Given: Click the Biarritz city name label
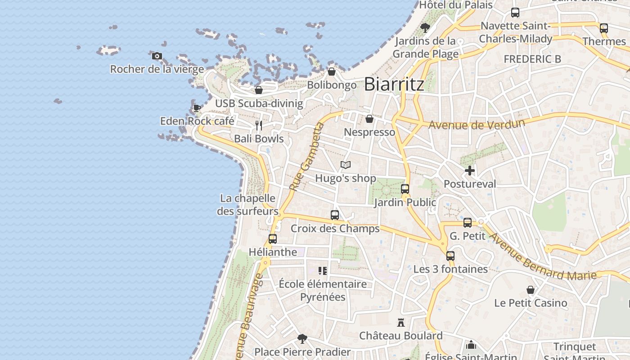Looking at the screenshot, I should pos(394,84).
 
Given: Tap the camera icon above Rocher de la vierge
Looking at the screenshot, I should pos(157,56).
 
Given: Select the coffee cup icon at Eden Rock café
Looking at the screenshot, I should pos(197,108).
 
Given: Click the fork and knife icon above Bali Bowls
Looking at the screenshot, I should pos(258,125).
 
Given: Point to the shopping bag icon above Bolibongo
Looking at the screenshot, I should pos(332,72).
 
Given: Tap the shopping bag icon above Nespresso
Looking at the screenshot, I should pos(369,119).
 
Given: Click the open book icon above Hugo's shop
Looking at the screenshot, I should pos(345,165).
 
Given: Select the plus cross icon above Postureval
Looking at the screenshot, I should pos(470,171).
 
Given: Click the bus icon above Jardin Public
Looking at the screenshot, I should pos(405,189).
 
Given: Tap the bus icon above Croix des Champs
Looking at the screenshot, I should pos(335,215).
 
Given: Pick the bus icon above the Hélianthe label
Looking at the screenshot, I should pos(273,239).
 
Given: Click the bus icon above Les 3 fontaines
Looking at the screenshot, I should pos(450,256).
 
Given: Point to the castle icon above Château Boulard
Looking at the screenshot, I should pos(401,322).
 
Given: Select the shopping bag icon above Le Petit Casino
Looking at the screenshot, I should pos(531,290).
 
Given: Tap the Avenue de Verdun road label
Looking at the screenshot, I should pos(477,124).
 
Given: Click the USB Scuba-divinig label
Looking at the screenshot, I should pos(259,103).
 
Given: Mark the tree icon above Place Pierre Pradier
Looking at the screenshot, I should pos(302,338).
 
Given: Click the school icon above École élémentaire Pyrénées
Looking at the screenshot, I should pos(322,270).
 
